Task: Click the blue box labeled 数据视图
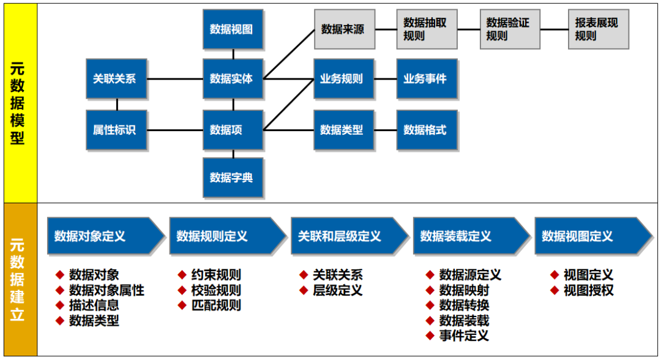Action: pyautogui.click(x=233, y=29)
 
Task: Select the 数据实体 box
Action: pyautogui.click(x=233, y=78)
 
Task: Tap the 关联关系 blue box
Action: pyautogui.click(x=116, y=78)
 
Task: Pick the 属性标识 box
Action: pyautogui.click(x=116, y=130)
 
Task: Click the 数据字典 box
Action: pyautogui.click(x=233, y=178)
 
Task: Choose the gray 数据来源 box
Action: pyautogui.click(x=345, y=29)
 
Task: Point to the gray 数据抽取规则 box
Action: pyautogui.click(x=427, y=29)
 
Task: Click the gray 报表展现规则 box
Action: pyautogui.click(x=598, y=29)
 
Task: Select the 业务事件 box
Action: pyautogui.click(x=427, y=78)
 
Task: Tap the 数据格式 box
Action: pyautogui.click(x=427, y=130)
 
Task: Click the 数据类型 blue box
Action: pyautogui.click(x=343, y=130)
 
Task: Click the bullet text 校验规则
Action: pyautogui.click(x=216, y=290)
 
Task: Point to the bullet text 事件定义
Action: pyautogui.click(x=464, y=336)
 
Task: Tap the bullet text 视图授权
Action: pyautogui.click(x=588, y=290)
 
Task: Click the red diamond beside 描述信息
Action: pyautogui.click(x=60, y=305)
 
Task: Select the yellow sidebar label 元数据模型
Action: pyautogui.click(x=18, y=104)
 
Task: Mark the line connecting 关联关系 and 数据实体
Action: pyautogui.click(x=175, y=78)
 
